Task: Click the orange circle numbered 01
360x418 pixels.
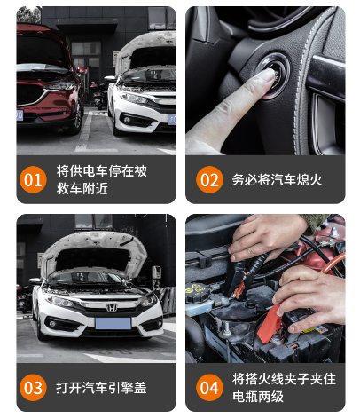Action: [x=33, y=179]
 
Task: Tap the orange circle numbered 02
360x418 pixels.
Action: [x=209, y=179]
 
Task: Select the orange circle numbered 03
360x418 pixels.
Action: [x=33, y=388]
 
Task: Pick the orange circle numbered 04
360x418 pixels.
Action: [x=209, y=388]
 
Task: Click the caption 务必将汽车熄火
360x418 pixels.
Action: [x=277, y=180]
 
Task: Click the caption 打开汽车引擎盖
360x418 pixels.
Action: [x=101, y=388]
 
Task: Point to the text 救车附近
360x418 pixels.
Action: [x=82, y=188]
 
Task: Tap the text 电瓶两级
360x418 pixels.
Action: [x=258, y=397]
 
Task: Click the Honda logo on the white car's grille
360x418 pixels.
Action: [x=112, y=308]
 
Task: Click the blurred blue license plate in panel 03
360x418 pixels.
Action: [x=113, y=323]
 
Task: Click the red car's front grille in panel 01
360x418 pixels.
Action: [x=30, y=94]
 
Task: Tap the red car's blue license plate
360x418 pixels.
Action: [x=20, y=115]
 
